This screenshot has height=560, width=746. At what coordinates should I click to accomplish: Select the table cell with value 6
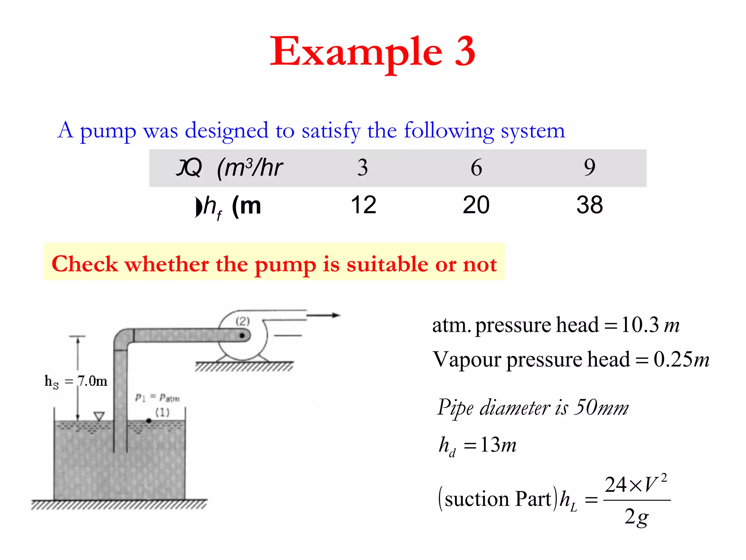coord(476,168)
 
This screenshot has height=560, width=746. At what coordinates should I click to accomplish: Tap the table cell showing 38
coord(589,205)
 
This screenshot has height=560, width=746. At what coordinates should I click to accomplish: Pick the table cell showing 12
coord(363,205)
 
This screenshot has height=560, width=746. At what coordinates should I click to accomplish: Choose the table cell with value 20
coord(476,205)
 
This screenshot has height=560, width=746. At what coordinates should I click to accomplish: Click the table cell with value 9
coord(589,168)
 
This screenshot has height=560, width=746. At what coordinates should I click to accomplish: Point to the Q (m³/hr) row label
coord(229,168)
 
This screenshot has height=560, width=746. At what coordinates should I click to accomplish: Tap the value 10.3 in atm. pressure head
coord(640,325)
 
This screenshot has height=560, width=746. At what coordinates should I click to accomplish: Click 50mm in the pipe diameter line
coord(601,407)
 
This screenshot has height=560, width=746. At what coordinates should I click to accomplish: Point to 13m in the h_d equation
coord(498,445)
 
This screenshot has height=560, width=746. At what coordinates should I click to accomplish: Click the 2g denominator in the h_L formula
coord(636,517)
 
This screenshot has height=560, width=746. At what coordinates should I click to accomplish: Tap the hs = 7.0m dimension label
coord(76,381)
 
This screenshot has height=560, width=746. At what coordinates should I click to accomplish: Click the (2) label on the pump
coord(243,321)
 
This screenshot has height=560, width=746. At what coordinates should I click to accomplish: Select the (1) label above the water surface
coord(162,412)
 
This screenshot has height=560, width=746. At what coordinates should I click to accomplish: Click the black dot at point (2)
coord(242,335)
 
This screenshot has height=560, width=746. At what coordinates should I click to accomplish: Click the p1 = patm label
coord(157,397)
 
